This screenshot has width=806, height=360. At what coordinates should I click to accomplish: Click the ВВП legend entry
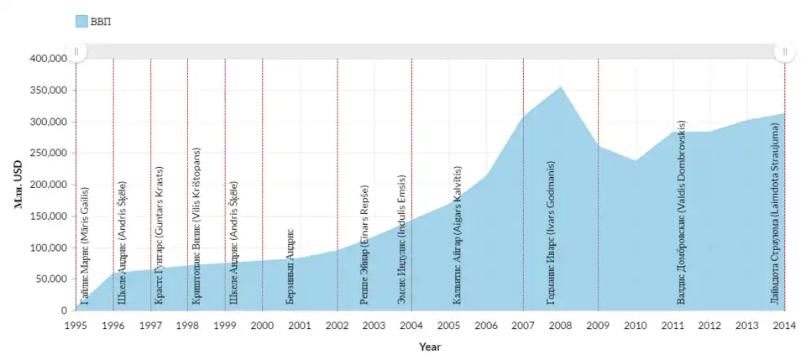click(x=92, y=21)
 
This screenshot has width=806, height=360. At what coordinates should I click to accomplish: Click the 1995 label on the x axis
click(x=76, y=325)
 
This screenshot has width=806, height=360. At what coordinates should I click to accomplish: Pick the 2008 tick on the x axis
click(x=560, y=325)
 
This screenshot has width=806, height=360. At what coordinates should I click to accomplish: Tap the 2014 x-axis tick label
click(x=784, y=325)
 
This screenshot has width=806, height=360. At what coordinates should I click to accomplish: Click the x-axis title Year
click(x=430, y=346)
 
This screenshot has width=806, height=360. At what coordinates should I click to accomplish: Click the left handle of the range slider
click(x=76, y=51)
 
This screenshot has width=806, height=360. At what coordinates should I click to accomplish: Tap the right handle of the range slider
click(x=784, y=51)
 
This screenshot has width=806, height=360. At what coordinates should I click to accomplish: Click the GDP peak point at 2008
click(x=560, y=86)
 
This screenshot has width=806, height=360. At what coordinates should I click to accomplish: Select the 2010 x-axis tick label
click(x=635, y=325)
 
